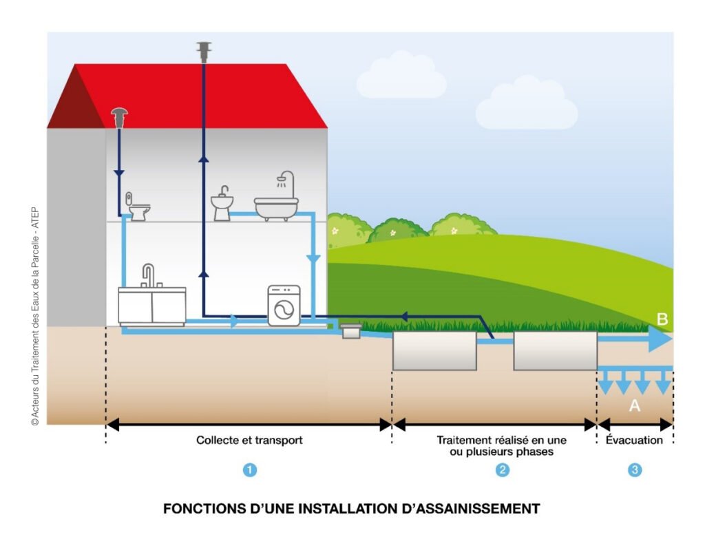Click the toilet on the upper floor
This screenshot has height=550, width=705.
click(138, 207)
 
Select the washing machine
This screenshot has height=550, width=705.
click(284, 306)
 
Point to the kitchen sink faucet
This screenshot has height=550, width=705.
click(149, 275)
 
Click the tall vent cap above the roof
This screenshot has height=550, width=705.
click(204, 52)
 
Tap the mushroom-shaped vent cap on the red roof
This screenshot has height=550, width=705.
click(119, 118)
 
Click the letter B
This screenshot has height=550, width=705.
click(662, 319)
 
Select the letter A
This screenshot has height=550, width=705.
click(634, 405)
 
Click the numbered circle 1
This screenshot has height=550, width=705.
click(250, 470)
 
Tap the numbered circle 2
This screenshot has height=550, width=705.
click(502, 470)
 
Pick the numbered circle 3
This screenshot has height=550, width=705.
click(635, 470)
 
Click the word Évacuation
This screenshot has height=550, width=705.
click(634, 440)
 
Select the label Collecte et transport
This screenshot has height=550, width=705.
click(249, 440)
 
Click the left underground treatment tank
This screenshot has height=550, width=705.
click(435, 351)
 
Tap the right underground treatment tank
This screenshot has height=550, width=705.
click(556, 351)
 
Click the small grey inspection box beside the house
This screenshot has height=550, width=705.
click(351, 331)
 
